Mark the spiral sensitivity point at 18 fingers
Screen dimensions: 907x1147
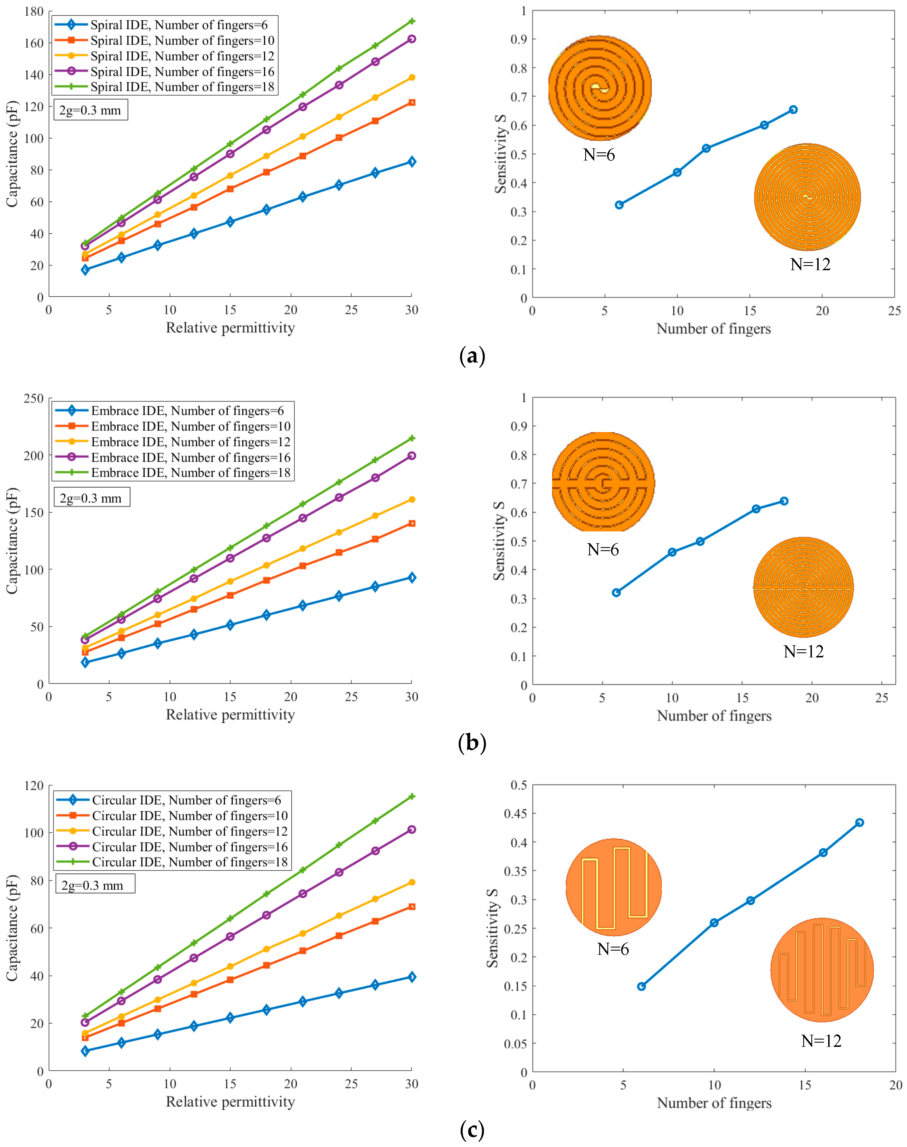point(793,109)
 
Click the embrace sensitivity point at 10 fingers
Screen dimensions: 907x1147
point(672,552)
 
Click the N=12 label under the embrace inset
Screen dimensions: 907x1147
point(803,652)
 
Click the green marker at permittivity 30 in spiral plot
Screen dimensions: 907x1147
point(412,21)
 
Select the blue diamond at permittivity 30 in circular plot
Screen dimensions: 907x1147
point(412,977)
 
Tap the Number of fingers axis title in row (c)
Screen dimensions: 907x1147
point(714,1103)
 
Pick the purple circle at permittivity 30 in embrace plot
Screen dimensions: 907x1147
point(412,456)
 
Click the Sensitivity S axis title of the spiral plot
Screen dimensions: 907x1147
point(500,154)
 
